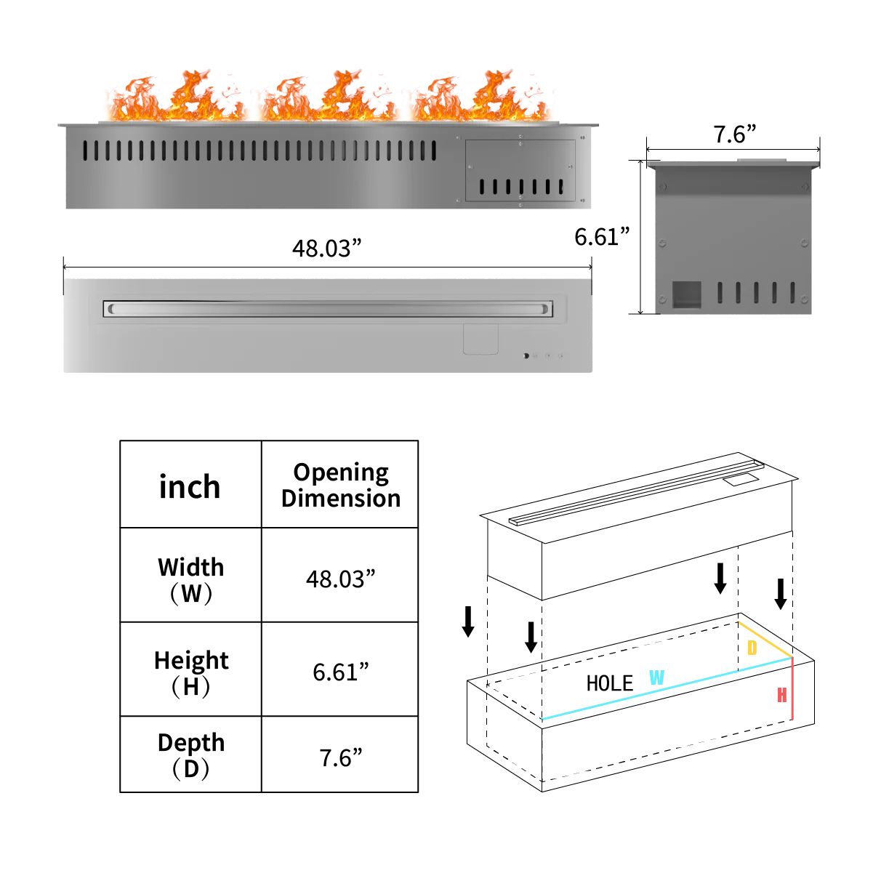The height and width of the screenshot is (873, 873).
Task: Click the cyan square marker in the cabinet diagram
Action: click(x=656, y=677)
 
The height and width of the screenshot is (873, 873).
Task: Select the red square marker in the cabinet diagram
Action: click(x=782, y=695)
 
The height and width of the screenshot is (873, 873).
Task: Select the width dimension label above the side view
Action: click(x=734, y=132)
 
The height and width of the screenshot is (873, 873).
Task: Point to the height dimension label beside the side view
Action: click(x=600, y=238)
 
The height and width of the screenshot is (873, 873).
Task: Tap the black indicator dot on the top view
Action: click(x=525, y=356)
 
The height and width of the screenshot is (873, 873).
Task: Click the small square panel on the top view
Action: click(x=480, y=339)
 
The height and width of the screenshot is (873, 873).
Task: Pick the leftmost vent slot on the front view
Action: click(x=85, y=150)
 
